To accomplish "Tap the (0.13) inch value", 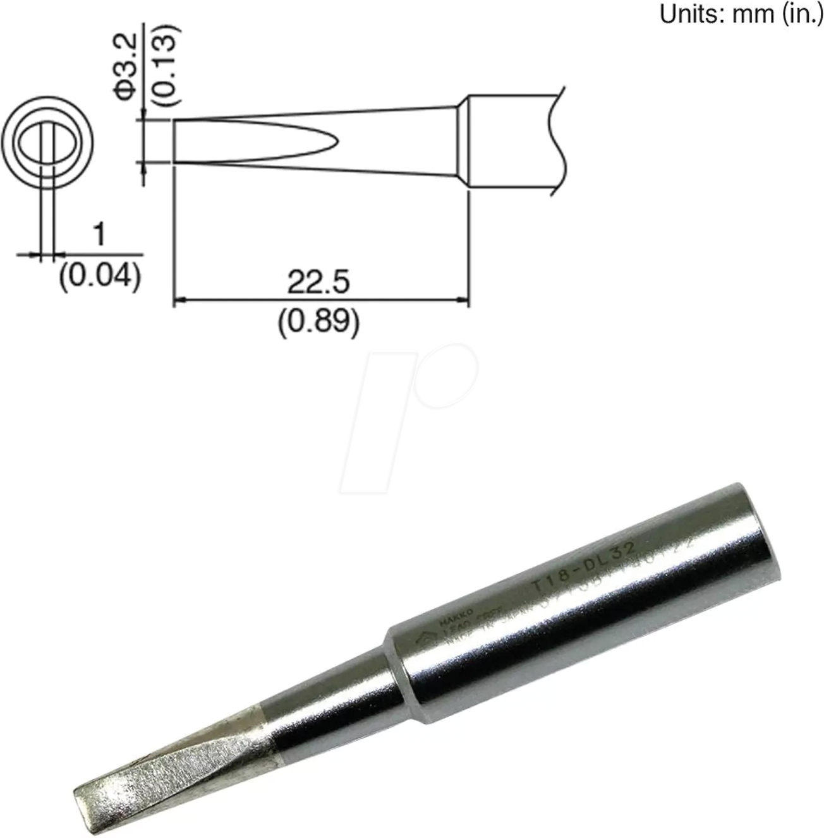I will coord(167,63).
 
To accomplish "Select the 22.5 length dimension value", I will coord(318,282).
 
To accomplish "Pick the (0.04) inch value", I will coord(99,276).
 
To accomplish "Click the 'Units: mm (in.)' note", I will coord(741,13).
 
